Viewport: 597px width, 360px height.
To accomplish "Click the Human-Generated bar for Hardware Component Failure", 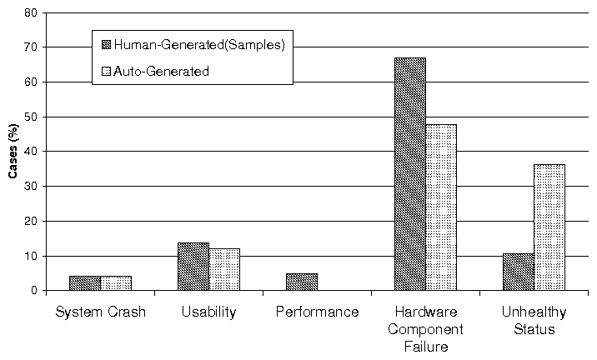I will pos(410,174).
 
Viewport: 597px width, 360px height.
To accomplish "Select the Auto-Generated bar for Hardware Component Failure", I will pos(441,207).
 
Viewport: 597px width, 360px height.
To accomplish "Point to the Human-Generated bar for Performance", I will pos(302,282).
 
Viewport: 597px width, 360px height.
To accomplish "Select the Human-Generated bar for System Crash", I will pos(85,283).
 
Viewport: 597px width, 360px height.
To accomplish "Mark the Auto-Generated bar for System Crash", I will pos(116,283).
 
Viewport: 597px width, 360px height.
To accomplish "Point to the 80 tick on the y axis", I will pos(31,13).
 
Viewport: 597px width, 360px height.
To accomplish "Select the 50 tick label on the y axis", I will pos(31,117).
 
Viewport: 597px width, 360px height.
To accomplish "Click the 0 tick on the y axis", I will pos(34,291).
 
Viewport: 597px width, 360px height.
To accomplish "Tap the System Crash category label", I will pos(100,312).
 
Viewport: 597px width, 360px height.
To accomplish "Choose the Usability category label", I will pos(208,312).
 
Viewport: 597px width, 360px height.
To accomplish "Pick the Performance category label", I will pos(317,312).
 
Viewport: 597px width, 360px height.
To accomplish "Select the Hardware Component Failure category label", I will pos(425,328).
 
